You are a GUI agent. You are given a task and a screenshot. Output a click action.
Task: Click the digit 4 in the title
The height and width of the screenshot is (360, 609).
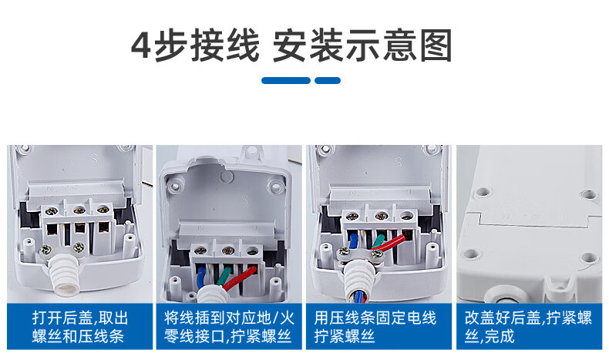[140, 45]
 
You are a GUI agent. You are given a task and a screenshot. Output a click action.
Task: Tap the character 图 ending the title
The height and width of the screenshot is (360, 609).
[436, 45]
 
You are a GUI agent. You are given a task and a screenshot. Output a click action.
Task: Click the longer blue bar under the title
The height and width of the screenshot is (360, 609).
[286, 80]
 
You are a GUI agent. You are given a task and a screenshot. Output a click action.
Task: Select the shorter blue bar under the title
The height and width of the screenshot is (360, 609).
[328, 80]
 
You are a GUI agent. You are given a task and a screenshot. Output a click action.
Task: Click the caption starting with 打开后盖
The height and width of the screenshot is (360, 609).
[79, 327]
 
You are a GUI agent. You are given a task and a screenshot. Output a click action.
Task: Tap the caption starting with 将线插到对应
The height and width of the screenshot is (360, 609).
[229, 327]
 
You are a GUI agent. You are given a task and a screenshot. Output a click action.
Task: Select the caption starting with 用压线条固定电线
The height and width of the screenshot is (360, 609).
[375, 327]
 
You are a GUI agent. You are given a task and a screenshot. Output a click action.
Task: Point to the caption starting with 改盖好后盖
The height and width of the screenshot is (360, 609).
[528, 327]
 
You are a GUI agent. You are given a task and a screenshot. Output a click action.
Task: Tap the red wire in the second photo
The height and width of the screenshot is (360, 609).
[239, 278]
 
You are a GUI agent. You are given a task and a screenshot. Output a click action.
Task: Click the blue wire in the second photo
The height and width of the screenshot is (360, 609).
[200, 278]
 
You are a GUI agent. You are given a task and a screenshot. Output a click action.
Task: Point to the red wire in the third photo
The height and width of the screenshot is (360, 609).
[389, 243]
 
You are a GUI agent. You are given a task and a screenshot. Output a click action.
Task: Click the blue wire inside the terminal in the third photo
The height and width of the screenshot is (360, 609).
[352, 241]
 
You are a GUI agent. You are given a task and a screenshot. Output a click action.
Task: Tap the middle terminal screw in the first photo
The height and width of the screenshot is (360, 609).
[79, 210]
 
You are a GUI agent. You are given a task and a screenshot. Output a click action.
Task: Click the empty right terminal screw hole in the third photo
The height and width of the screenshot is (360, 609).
[406, 215]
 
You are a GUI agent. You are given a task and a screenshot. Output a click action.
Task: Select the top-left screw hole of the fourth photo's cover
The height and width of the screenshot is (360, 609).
[483, 192]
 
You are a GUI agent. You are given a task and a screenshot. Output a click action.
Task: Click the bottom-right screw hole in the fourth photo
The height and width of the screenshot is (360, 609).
[589, 257]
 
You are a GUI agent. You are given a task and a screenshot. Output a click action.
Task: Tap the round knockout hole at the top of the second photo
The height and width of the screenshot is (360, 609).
[227, 177]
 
